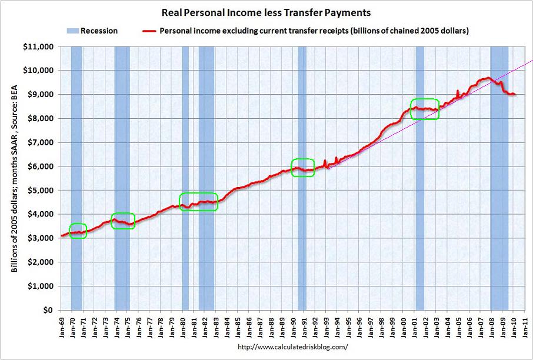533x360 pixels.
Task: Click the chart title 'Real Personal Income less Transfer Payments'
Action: [266, 12]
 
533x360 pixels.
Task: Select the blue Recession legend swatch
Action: [73, 31]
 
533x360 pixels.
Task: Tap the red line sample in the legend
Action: [148, 31]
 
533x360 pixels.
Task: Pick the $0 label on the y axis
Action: [49, 311]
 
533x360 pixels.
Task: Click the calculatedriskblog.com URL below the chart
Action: [292, 347]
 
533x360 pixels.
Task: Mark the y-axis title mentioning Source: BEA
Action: [14, 178]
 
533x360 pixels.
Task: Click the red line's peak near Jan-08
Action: [488, 78]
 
